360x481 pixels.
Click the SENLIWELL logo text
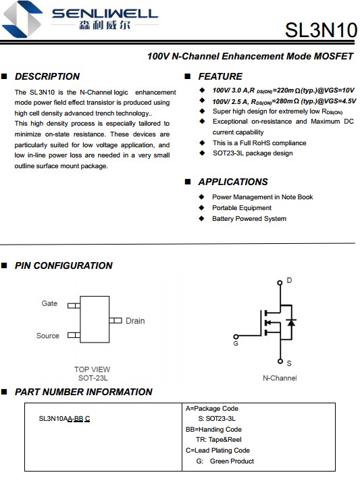(105, 14)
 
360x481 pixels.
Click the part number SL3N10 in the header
(321, 30)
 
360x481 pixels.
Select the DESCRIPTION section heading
(47, 76)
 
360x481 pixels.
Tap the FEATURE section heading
(220, 76)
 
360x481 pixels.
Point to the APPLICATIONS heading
(233, 182)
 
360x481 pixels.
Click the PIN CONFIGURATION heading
(63, 265)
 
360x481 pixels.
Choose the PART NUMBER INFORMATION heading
(83, 392)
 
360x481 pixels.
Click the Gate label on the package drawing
(49, 303)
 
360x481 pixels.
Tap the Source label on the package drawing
(47, 336)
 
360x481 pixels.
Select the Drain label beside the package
(135, 321)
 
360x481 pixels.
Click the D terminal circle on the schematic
(280, 282)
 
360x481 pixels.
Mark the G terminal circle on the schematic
(236, 336)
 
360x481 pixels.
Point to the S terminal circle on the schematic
(280, 361)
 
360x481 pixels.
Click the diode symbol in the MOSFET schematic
(291, 322)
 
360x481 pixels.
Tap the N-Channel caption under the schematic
(280, 378)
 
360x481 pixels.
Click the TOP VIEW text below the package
(92, 370)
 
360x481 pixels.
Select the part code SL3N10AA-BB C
(64, 419)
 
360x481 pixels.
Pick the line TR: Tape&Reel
(219, 440)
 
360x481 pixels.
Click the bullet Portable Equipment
(242, 208)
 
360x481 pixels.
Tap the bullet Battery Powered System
(249, 219)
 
